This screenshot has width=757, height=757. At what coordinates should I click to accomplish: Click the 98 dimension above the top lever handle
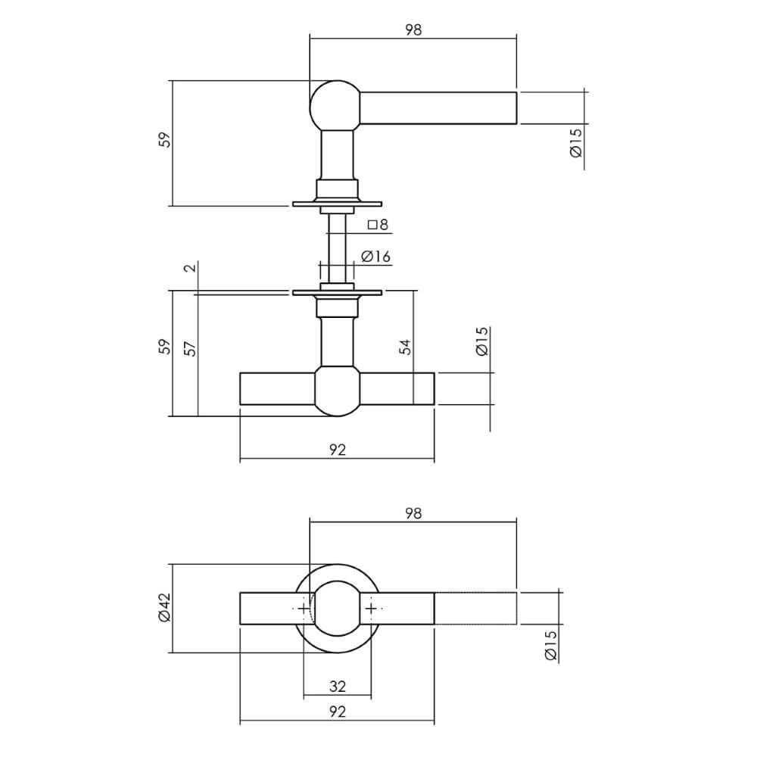413,30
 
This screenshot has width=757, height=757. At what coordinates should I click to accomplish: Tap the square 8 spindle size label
378,224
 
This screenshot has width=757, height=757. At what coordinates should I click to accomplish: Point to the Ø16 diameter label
375,257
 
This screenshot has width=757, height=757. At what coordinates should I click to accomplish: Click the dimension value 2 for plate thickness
190,267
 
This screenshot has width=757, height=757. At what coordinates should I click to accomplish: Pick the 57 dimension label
190,347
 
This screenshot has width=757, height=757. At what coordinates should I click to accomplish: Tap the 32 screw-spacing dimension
338,687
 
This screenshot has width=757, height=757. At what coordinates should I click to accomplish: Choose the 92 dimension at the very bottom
338,712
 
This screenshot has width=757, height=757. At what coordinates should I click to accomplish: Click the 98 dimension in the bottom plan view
413,513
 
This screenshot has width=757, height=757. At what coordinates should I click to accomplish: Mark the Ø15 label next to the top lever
575,142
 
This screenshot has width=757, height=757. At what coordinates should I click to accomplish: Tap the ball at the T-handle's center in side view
337,390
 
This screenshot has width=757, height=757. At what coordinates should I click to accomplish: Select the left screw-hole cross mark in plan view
303,609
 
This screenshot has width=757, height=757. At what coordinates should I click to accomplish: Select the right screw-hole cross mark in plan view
372,609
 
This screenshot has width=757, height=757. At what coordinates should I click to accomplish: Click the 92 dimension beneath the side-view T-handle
338,450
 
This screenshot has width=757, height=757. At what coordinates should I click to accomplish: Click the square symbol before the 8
372,224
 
